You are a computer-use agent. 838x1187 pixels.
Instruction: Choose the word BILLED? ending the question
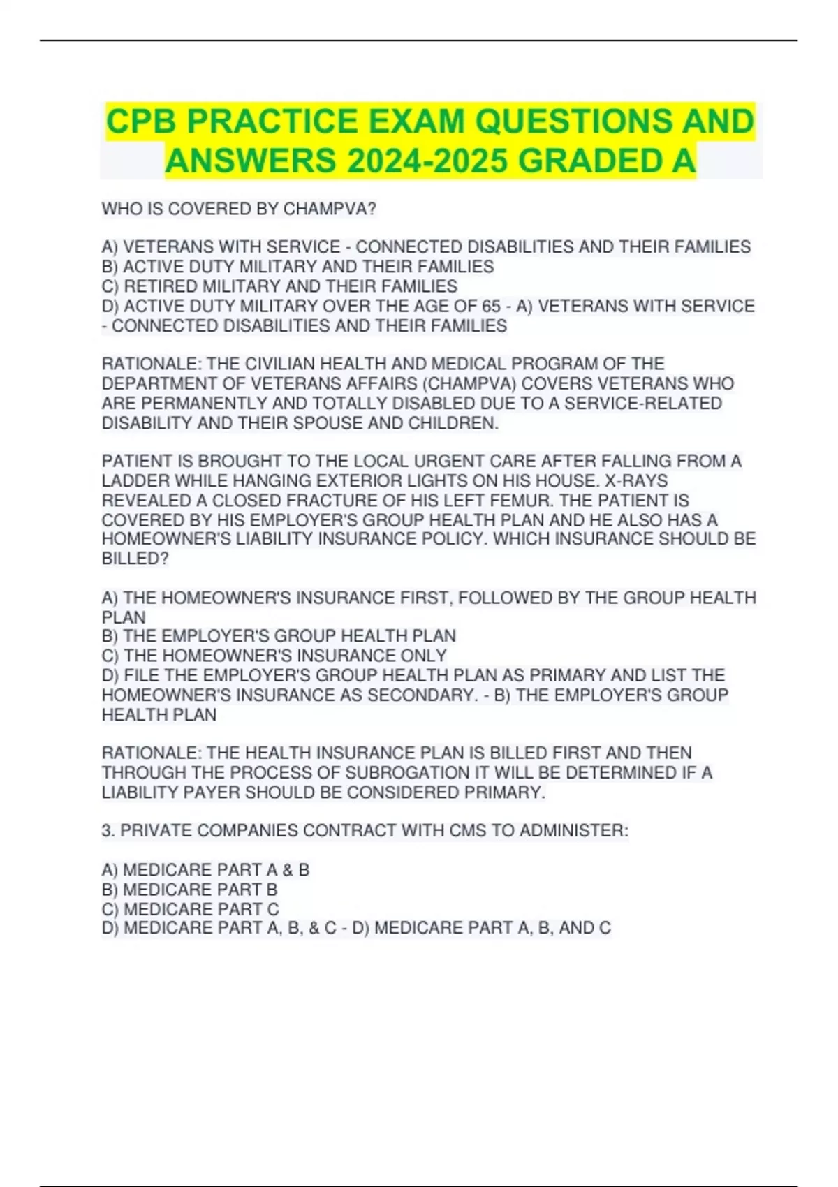pyautogui.click(x=135, y=559)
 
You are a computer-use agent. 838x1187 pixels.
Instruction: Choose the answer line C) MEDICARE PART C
pyautogui.click(x=190, y=909)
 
